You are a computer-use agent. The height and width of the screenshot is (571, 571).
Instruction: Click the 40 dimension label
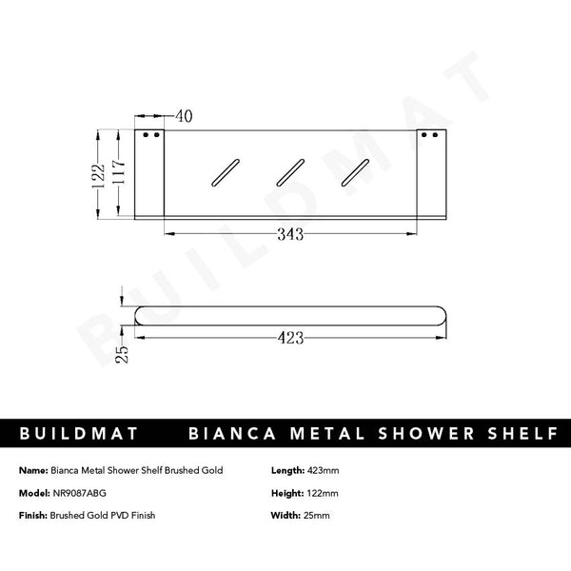[x=184, y=116]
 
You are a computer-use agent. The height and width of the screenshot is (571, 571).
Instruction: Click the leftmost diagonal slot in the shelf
[x=226, y=172]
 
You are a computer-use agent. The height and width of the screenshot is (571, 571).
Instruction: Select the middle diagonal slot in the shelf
[x=290, y=172]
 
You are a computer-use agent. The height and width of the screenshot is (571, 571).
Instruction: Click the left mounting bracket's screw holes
[x=150, y=136]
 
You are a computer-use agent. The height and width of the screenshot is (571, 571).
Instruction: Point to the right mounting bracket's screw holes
[x=432, y=136]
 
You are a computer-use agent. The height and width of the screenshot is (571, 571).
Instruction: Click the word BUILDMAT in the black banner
[x=80, y=435]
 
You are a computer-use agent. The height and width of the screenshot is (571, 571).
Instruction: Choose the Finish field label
[x=33, y=515]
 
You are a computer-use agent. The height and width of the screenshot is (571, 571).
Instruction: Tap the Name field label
[x=32, y=470]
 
